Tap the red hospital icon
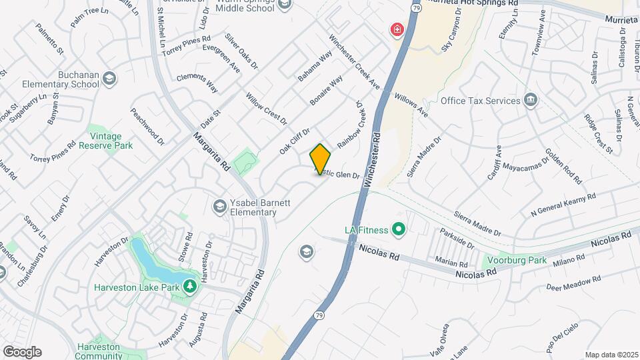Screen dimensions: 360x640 click(x=397, y=30)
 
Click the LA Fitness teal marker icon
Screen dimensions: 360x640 click(x=399, y=231)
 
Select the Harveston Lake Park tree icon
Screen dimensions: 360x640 click(x=191, y=286)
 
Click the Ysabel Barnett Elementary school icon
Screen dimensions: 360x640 click(x=219, y=206)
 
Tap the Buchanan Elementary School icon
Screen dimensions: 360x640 click(x=109, y=80)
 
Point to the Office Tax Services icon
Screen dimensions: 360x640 click(x=531, y=100)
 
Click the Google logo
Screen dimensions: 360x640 click(x=22, y=351)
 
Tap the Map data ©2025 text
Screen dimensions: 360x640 click(x=611, y=355)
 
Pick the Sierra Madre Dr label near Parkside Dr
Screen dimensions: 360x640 click(x=477, y=224)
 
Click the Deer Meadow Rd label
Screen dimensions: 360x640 click(x=573, y=283)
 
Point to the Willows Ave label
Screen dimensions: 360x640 click(x=411, y=105)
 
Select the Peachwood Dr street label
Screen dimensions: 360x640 click(x=147, y=126)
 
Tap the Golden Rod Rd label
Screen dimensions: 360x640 click(x=563, y=167)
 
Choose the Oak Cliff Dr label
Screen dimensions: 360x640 click(x=295, y=141)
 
